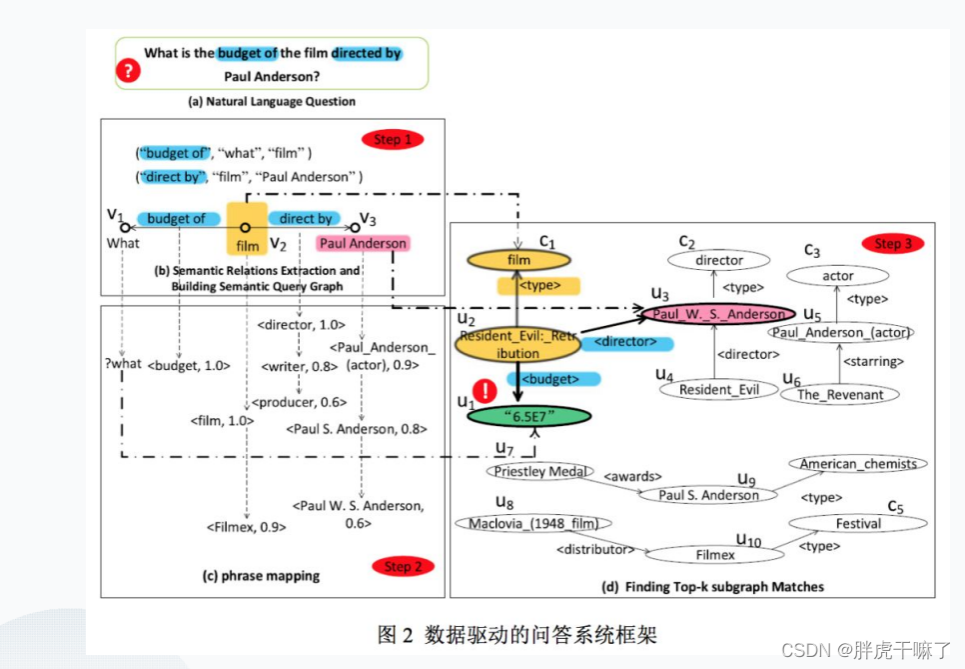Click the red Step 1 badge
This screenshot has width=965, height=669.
coord(393,139)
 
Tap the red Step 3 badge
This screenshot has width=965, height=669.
coord(894,244)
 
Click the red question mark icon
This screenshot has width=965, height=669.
coord(128,70)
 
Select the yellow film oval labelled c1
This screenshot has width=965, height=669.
coord(519,260)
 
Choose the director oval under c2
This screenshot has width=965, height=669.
coord(719,260)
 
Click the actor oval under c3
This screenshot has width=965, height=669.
coord(837,275)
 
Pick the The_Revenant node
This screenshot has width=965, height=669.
coord(840,394)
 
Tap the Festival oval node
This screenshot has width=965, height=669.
coord(858,523)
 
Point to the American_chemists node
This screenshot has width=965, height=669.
coord(858,464)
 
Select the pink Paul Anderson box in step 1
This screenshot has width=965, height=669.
coord(363,243)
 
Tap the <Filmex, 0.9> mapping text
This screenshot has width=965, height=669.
coord(247,527)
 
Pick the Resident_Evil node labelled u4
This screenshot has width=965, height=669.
coord(719,390)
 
